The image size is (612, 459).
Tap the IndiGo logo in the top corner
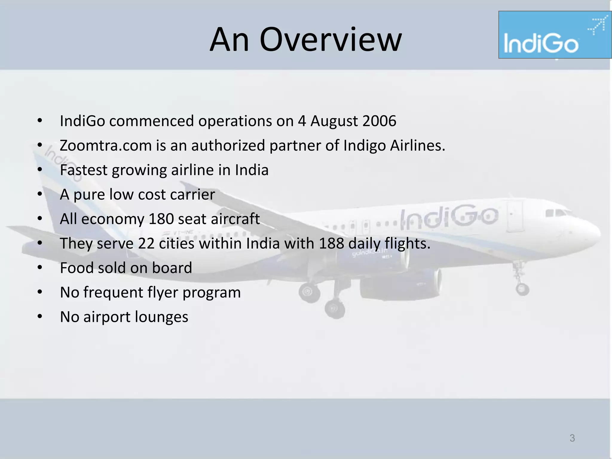[x=555, y=35]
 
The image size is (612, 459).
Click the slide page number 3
[x=572, y=438]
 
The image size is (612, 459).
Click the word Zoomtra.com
[x=106, y=146]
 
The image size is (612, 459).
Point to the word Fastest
[x=83, y=170]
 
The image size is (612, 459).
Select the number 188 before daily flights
[x=331, y=243]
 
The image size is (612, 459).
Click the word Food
[x=76, y=268]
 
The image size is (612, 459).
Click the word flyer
[x=163, y=293]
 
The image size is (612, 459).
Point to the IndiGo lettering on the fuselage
[x=449, y=216]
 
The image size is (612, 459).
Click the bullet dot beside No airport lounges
[x=40, y=316]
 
